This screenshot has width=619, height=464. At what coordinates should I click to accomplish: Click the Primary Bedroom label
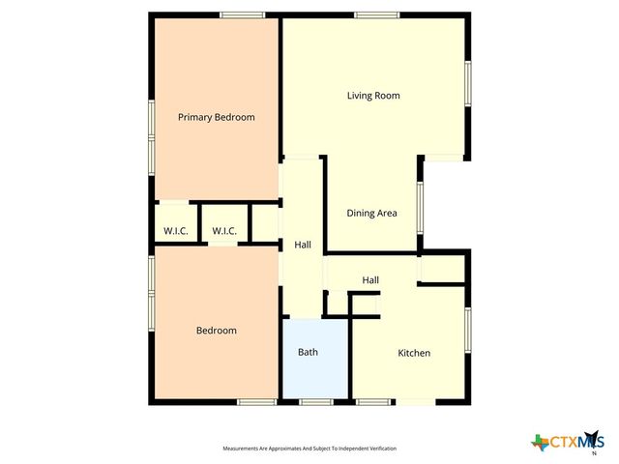point(216,117)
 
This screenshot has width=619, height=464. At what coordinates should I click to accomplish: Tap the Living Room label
point(373,96)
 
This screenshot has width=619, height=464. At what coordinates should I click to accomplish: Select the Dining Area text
point(372,213)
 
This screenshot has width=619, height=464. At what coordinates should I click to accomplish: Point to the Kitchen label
point(414,353)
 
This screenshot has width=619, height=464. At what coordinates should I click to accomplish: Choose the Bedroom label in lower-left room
point(216,331)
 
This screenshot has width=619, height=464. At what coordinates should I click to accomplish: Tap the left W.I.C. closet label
point(175,231)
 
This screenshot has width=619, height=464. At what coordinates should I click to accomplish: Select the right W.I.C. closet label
point(224,231)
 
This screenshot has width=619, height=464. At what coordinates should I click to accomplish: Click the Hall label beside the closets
point(302,246)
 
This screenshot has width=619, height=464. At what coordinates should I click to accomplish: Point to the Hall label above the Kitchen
point(370,280)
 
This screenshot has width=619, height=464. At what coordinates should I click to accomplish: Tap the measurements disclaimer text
point(309,449)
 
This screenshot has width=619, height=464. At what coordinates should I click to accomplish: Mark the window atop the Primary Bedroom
point(242,14)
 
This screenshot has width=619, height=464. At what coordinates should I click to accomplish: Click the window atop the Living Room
point(376,14)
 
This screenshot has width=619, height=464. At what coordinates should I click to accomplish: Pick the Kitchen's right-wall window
point(467,333)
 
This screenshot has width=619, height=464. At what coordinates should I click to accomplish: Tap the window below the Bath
point(315,401)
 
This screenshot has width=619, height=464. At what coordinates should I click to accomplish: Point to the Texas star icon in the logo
point(540,443)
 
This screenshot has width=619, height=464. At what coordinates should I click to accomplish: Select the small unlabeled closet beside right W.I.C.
point(263,221)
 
